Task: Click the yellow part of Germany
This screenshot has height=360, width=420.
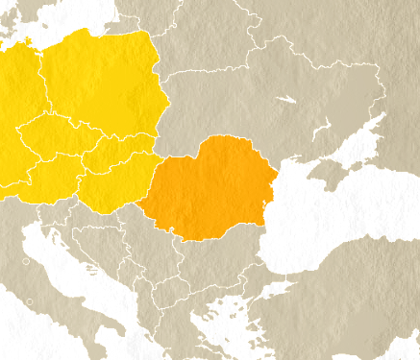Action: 14,106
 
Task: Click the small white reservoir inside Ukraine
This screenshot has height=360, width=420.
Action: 286,99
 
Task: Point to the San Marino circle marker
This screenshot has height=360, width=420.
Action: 29,301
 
